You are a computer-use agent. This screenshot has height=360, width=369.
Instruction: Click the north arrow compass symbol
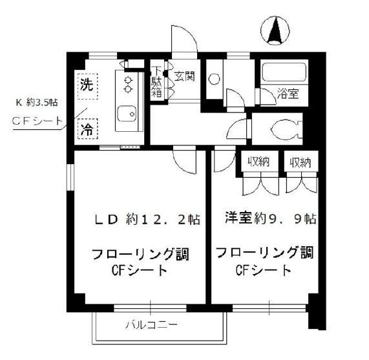click(x=275, y=30)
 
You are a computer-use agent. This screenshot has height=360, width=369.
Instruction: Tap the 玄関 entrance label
click(x=185, y=76)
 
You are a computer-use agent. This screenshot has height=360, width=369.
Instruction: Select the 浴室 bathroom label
click(x=288, y=94)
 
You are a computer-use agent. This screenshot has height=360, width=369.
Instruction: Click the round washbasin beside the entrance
click(x=214, y=79)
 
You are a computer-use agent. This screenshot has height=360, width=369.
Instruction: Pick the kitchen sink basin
click(x=127, y=114)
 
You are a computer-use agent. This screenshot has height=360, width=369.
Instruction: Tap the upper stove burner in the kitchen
click(x=128, y=79)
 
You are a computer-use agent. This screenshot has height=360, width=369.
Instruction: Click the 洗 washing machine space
click(x=87, y=86)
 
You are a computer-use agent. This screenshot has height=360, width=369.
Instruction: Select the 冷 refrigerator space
click(x=87, y=129)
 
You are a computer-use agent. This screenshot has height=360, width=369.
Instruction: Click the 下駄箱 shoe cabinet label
click(x=156, y=82)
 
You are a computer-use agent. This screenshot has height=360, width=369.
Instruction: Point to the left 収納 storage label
click(x=258, y=162)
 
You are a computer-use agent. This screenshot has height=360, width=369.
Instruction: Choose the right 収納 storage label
click(x=300, y=162)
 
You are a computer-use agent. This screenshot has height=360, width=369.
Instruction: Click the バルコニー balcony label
click(x=152, y=325)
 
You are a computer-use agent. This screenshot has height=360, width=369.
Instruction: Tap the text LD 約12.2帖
click(x=147, y=219)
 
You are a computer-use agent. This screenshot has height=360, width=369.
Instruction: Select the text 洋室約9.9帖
click(x=270, y=218)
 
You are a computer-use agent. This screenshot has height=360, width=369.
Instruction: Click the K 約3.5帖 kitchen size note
click(x=36, y=102)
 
